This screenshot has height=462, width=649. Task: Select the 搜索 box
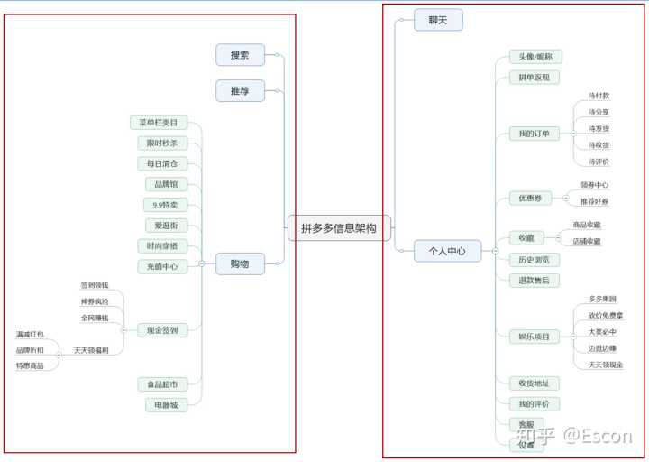240,55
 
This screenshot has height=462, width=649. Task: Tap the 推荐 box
240,90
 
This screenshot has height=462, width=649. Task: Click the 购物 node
239,263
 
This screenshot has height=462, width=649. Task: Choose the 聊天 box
438,20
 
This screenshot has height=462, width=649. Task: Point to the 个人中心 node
447,252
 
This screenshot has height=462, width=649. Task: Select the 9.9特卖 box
166,205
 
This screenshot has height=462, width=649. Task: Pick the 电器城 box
168,405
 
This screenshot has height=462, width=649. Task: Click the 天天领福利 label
92,350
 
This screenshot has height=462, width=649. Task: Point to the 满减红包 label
30,335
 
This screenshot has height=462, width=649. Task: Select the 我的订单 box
534,134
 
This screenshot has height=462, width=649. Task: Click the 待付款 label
599,96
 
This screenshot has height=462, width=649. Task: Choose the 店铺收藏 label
587,241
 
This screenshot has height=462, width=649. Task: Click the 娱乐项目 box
534,337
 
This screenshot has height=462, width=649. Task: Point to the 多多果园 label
602,299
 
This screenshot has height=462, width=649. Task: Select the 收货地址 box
534,383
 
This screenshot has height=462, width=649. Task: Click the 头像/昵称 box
535,57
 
